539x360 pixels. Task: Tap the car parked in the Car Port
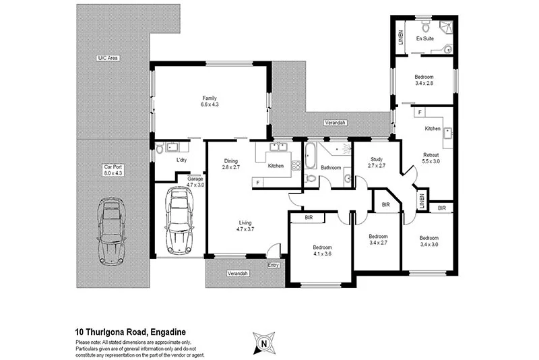click(x=113, y=231)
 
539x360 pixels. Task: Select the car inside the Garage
click(x=179, y=220)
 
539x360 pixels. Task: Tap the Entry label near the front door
click(x=273, y=265)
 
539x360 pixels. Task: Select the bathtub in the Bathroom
click(x=311, y=156)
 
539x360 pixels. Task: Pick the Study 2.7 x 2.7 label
click(x=376, y=161)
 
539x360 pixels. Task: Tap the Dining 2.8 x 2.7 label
click(x=231, y=164)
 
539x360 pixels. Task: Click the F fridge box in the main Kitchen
click(x=257, y=182)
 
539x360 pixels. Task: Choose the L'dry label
click(x=181, y=160)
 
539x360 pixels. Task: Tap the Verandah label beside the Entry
click(x=238, y=273)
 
